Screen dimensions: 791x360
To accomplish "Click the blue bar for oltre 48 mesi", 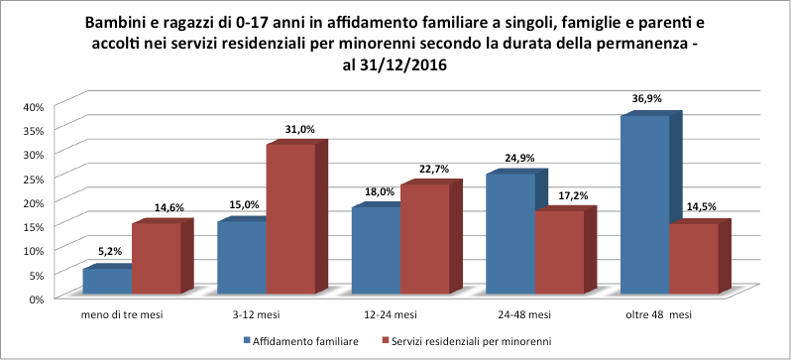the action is (644, 204).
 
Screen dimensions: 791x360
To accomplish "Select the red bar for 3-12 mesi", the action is (291, 218).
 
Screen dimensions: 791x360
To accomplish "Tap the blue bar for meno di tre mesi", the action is (107, 281).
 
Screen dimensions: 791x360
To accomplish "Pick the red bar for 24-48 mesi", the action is (559, 252).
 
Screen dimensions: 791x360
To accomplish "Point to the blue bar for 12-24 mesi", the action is (376, 250).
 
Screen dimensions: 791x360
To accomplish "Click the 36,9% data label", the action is (646, 99).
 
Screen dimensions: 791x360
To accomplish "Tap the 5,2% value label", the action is (110, 252).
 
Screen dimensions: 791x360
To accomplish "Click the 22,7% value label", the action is (434, 169).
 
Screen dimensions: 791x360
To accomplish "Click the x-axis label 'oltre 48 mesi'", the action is (660, 314).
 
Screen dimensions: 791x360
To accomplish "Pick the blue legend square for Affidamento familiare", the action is (247, 341).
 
